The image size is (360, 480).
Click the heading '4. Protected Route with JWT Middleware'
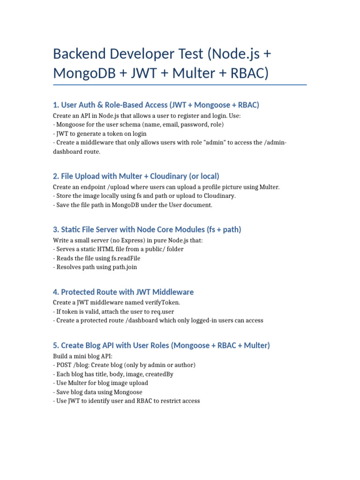pyautogui.click(x=123, y=292)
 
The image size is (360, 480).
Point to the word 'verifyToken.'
pyautogui.click(x=163, y=302)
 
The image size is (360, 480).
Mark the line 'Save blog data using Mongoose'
pyautogui.click(x=98, y=392)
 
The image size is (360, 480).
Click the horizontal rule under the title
pyautogui.click(x=180, y=85)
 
